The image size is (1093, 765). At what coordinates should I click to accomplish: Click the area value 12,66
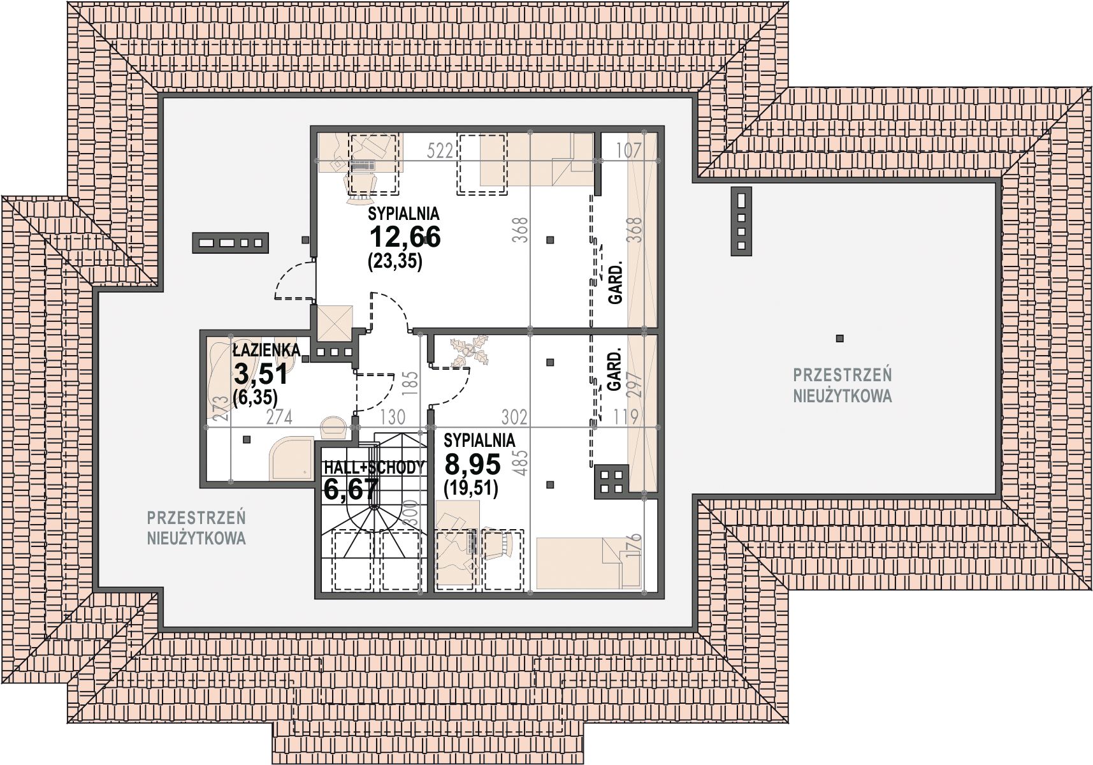pos(405,237)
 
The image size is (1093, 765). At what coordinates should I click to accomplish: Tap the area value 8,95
pos(472,464)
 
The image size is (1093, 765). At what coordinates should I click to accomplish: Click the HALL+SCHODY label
pos(373,467)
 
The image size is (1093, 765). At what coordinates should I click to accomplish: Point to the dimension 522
pos(440,151)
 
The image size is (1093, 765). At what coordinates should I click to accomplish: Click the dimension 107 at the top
pos(628,150)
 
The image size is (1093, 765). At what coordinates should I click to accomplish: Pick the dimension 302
pos(514,417)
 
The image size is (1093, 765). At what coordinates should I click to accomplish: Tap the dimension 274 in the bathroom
pos(279,418)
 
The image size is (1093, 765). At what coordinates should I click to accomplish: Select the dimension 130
pos(392,418)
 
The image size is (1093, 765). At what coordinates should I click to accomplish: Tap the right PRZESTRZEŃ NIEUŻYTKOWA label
pos(842,384)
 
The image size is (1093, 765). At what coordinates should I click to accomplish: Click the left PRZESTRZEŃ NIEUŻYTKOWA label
pos(196,527)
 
